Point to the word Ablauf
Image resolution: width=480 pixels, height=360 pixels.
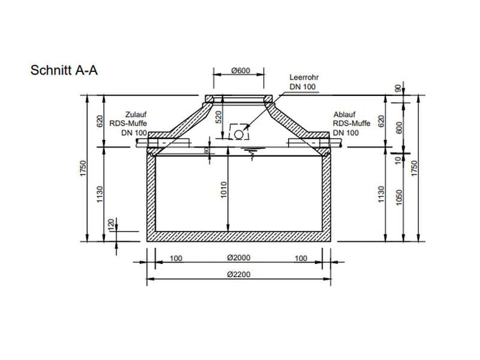tap(344, 115)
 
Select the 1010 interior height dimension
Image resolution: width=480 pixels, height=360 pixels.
tap(223, 194)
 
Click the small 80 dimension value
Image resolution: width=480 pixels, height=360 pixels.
tap(206, 150)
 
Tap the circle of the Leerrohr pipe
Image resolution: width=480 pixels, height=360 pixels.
tap(238, 134)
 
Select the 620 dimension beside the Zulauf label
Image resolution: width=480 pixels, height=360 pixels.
tap(100, 121)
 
